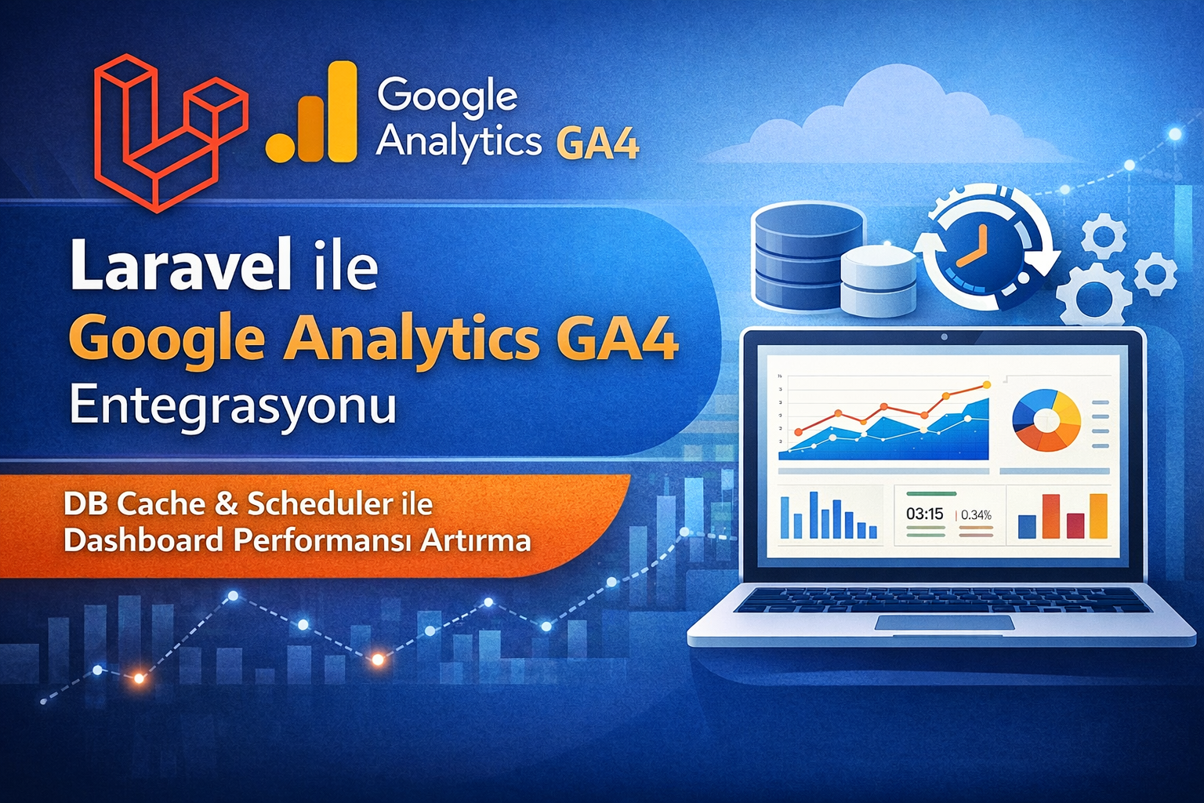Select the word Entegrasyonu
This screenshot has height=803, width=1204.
(x=233, y=408)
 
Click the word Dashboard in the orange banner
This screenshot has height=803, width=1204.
(x=143, y=540)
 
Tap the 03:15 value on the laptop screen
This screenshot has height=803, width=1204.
(x=924, y=514)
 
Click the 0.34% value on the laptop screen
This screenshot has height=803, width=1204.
(x=976, y=514)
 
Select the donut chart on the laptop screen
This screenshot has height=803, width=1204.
(x=1046, y=420)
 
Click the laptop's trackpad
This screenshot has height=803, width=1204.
(x=945, y=623)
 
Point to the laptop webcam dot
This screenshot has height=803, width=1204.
(x=945, y=336)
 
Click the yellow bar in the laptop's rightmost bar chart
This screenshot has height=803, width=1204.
(x=1099, y=516)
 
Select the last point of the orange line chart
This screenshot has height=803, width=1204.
(x=986, y=384)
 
